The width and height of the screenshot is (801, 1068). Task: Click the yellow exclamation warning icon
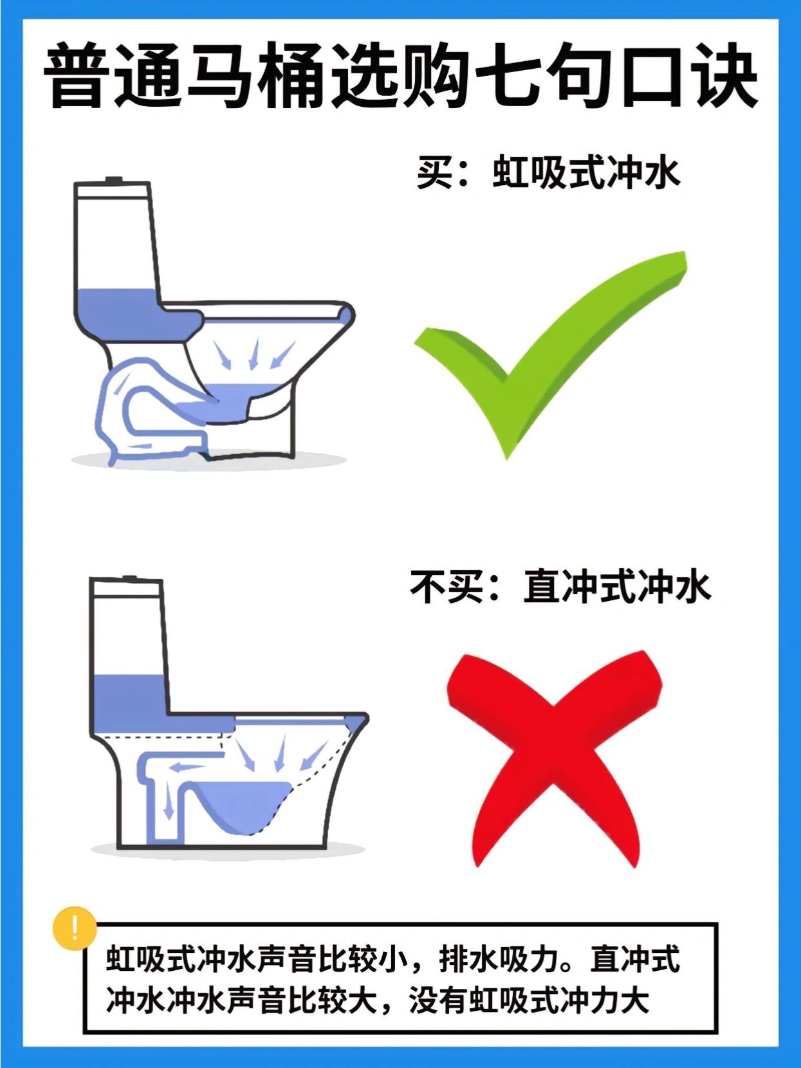(x=75, y=928)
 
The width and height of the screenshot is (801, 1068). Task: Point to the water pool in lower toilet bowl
(x=243, y=806)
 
